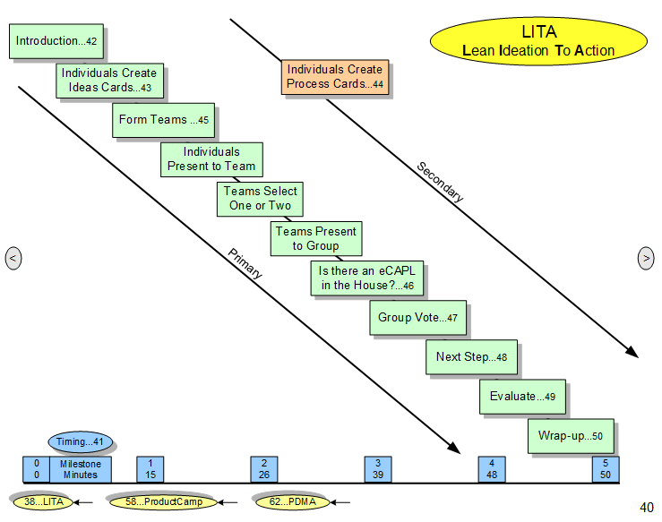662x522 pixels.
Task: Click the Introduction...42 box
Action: coord(56,41)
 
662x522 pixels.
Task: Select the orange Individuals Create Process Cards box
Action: coord(335,76)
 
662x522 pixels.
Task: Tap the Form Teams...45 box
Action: coord(165,120)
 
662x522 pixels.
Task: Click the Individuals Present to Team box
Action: coord(211,159)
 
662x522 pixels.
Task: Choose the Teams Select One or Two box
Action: coord(261,199)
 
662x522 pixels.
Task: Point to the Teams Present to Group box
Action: coord(316,238)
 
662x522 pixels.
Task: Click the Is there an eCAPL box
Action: coord(367,278)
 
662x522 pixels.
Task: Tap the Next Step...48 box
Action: coord(471,357)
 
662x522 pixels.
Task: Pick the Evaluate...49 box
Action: coord(523,397)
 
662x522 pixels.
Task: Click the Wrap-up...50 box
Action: coord(571,436)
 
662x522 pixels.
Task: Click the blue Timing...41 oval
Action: coord(81,441)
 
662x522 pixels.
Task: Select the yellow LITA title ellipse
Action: coord(538,41)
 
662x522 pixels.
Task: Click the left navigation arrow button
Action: coord(13,259)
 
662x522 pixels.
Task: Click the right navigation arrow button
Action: coord(646,259)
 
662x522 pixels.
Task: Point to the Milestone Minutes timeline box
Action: coord(80,469)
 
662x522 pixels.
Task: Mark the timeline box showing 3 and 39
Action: coord(378,469)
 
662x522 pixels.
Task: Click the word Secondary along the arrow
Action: coord(440,182)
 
